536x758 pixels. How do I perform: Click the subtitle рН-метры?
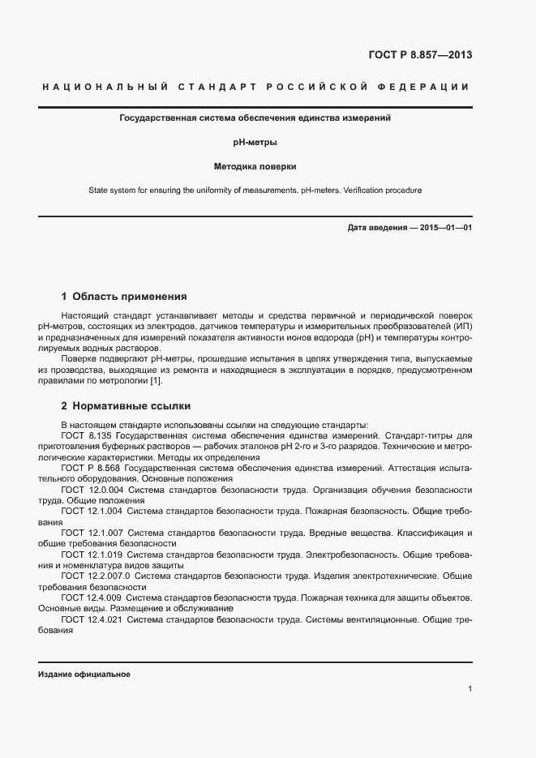[x=255, y=142]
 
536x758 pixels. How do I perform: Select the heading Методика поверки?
[x=255, y=166]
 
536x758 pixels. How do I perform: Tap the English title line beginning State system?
[x=255, y=191]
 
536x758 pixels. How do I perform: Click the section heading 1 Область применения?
[x=124, y=296]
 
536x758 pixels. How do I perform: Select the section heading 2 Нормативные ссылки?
[x=126, y=405]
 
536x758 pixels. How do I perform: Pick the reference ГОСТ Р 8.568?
[x=93, y=468]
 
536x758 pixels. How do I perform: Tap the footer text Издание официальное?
[x=84, y=674]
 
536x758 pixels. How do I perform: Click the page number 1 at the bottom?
[x=470, y=689]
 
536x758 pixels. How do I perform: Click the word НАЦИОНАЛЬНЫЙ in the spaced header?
[x=103, y=87]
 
